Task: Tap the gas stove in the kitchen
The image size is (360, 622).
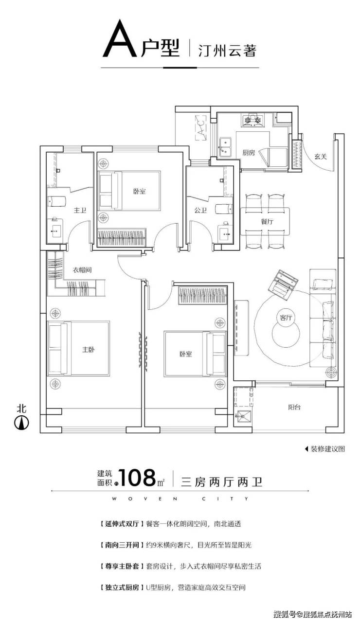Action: coord(252,120)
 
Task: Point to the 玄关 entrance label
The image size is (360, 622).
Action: coord(321,157)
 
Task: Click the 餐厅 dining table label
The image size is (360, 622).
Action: coord(267,221)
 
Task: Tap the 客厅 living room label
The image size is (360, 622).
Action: coord(286,317)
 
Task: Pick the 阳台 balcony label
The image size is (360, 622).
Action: coord(294,408)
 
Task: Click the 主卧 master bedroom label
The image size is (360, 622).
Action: coord(89,349)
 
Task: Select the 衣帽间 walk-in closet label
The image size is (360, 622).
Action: coord(82,269)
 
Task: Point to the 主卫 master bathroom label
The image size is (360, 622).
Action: coord(80,210)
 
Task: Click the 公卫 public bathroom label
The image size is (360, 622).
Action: coord(200,210)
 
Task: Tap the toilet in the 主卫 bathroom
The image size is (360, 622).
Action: coord(57,201)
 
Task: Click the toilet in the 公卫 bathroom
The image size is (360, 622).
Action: coord(224,209)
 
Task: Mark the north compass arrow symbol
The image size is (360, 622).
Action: coord(22,423)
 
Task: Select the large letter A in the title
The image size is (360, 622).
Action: coord(120,38)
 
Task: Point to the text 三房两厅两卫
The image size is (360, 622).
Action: coord(221,482)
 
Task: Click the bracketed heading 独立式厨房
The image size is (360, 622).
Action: coord(122,587)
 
